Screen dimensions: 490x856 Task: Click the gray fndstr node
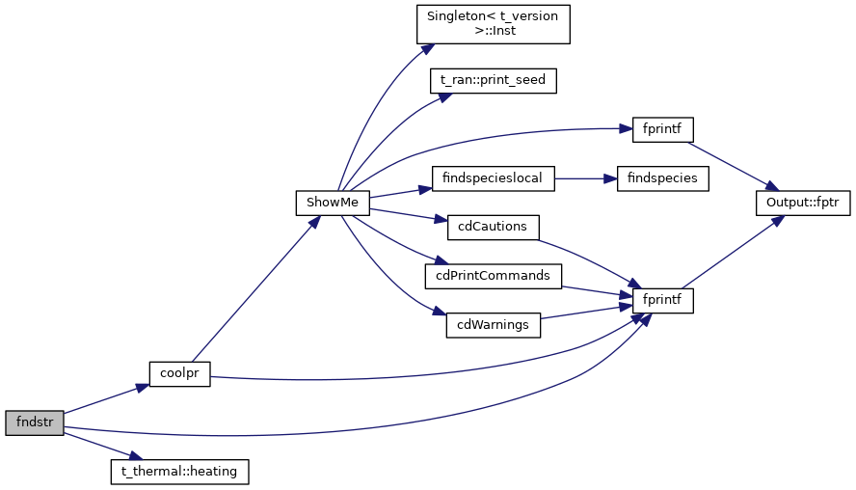click(x=34, y=422)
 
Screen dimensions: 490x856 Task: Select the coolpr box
click(x=179, y=373)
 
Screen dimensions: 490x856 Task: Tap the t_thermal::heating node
click(x=180, y=472)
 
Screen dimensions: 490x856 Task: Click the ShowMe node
click(x=332, y=203)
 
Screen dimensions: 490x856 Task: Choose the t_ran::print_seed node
click(x=493, y=80)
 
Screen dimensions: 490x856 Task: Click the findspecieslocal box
click(x=493, y=177)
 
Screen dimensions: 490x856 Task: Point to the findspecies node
click(x=663, y=177)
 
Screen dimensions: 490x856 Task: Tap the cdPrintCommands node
click(x=493, y=276)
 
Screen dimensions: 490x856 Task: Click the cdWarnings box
click(x=493, y=325)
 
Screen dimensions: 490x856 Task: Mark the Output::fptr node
click(x=802, y=203)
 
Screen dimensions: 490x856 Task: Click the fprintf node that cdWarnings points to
click(x=662, y=300)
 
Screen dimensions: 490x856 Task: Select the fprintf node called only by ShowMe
click(x=662, y=128)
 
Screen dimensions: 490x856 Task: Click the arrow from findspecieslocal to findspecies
click(x=578, y=177)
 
